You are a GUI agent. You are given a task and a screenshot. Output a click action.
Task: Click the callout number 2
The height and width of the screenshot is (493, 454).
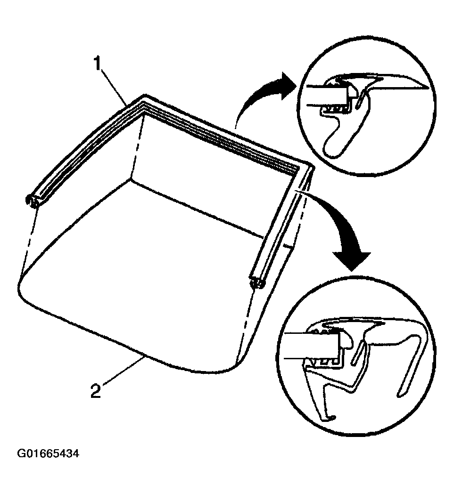coord(96,391)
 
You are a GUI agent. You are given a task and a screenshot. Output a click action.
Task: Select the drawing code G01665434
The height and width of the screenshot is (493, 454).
coord(48,454)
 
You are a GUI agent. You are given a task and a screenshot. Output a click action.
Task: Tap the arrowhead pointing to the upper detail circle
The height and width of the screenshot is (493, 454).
coord(287,86)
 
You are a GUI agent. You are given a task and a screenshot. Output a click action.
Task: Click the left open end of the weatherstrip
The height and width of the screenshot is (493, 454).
coord(33,201)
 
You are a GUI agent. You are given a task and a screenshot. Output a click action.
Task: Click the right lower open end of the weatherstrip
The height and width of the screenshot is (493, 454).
coord(257,282)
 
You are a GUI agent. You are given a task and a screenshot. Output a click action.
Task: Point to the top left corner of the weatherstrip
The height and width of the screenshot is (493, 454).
coord(144,96)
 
